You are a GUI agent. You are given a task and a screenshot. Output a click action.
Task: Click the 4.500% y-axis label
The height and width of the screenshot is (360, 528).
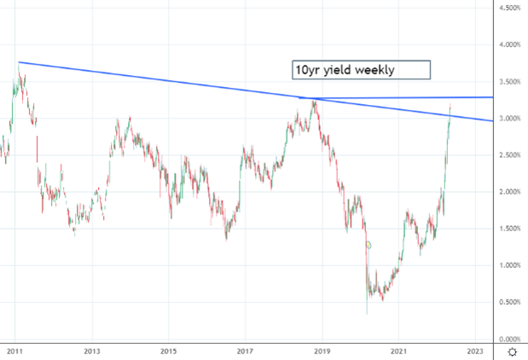coord(509,9)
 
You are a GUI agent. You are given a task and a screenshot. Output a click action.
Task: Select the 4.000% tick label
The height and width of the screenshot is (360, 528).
coord(509,45)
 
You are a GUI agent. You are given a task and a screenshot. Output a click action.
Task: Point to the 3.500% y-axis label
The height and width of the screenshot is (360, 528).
coord(509,82)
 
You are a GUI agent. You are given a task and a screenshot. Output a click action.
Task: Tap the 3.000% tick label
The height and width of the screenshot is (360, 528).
coord(509,119)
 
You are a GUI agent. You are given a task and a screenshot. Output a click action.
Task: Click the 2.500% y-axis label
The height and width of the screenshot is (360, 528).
coord(509,155)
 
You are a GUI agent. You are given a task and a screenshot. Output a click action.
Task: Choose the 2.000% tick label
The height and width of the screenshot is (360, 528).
coord(509,192)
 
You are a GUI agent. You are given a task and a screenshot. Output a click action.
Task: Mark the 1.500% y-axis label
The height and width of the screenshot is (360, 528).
coord(509,229)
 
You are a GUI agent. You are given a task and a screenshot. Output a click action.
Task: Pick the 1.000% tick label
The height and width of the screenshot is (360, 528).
coord(509,265)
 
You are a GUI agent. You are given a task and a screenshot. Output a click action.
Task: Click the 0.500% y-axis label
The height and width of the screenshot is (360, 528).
coord(509,302)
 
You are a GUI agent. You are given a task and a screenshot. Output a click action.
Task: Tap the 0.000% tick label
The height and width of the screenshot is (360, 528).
coord(509,339)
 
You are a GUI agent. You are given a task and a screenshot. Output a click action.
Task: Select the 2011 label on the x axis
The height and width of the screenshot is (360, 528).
coord(15,351)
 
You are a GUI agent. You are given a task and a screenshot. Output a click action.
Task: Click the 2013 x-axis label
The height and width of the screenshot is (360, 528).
coord(92,351)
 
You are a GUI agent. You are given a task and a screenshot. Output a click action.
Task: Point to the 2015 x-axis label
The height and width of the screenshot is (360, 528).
coord(168,351)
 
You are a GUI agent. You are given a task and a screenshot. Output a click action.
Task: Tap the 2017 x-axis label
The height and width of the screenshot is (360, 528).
coord(245,351)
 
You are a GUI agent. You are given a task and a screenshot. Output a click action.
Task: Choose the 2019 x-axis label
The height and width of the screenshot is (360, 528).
coord(322,351)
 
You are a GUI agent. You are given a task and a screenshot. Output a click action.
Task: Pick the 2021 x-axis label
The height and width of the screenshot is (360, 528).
coord(398,351)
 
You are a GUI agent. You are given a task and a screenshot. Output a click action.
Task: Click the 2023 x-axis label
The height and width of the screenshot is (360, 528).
coord(475,351)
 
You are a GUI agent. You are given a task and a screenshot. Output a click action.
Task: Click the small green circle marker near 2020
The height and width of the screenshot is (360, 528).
coord(368,246)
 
